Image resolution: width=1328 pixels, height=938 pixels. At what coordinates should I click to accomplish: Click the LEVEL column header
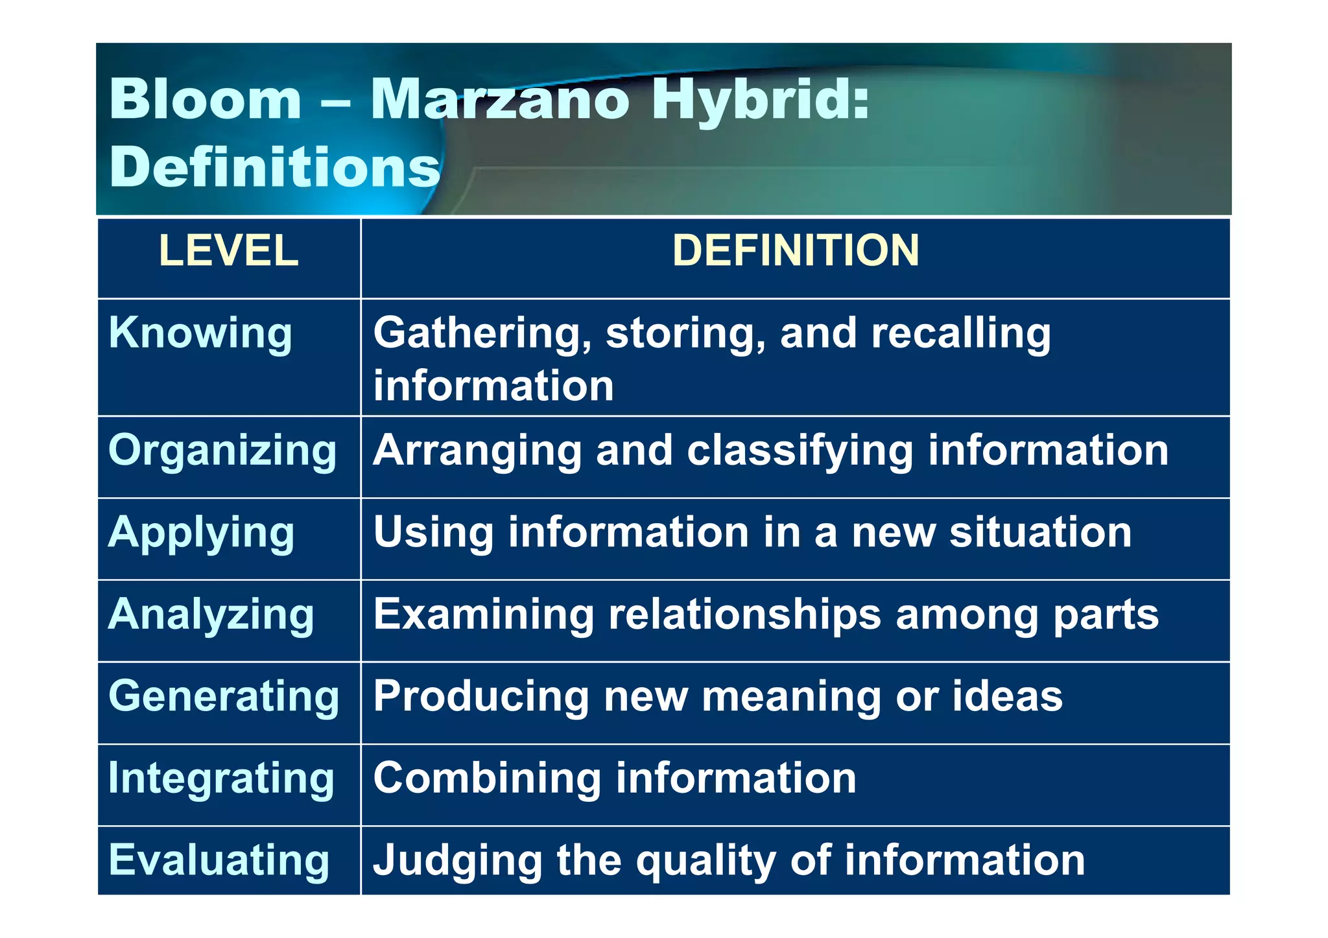(x=228, y=251)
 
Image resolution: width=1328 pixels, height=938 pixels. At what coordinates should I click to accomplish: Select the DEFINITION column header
(x=795, y=251)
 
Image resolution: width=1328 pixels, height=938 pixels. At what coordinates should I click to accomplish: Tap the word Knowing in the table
(x=200, y=333)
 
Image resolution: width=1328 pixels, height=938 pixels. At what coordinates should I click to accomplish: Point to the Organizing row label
(x=222, y=451)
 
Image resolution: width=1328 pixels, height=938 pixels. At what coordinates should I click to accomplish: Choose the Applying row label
(x=202, y=533)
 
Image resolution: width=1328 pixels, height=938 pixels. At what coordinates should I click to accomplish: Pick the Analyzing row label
(x=211, y=615)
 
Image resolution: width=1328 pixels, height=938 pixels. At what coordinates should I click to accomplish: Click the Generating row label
(x=224, y=697)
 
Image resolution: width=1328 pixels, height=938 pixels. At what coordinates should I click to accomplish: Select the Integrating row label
(x=221, y=779)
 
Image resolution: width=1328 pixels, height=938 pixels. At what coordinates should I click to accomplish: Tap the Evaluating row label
(x=219, y=860)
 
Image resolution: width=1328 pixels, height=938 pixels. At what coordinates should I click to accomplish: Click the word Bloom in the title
(x=206, y=100)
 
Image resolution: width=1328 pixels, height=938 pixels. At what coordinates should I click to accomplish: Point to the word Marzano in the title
(x=499, y=100)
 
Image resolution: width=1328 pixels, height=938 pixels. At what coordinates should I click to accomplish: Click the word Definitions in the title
(x=275, y=167)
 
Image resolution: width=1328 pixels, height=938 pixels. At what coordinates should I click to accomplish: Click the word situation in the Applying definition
(x=1040, y=533)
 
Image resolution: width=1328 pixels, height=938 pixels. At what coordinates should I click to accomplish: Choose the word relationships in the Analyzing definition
(x=744, y=615)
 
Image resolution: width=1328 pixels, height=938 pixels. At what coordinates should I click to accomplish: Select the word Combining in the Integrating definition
(x=487, y=779)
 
